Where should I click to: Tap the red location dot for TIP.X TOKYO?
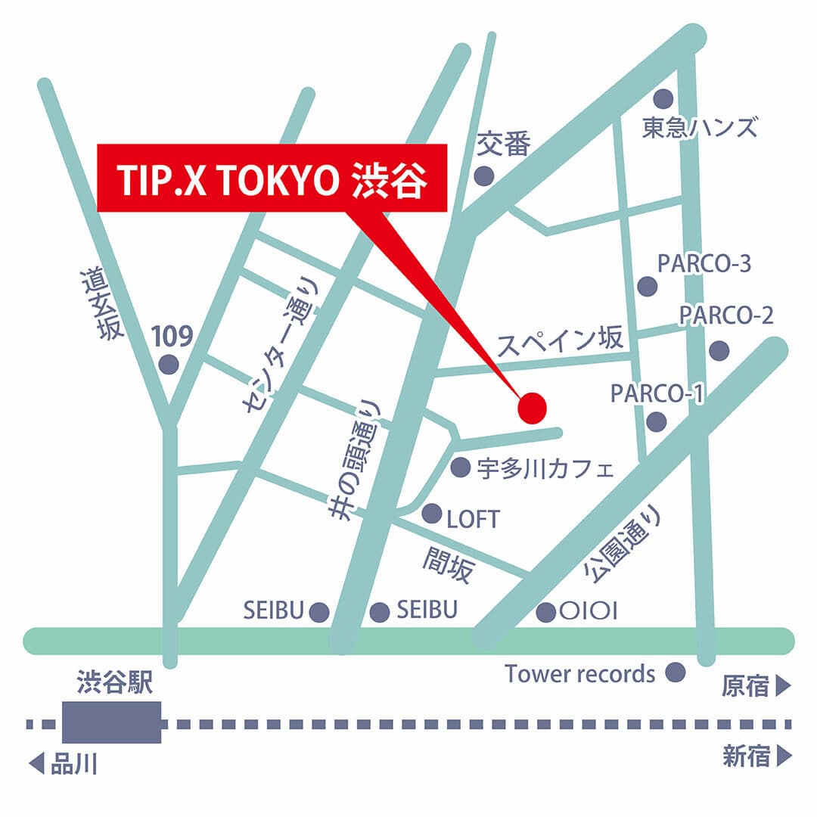point(532,408)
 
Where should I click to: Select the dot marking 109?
point(168,365)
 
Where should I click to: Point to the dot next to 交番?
point(483,176)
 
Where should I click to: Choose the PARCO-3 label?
point(704,264)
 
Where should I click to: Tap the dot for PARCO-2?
point(719,350)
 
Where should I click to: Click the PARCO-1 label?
point(657,393)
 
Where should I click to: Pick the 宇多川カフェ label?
point(545,469)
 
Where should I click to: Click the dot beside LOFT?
point(432,514)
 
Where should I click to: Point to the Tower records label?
point(580,673)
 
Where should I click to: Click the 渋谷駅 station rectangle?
point(112,722)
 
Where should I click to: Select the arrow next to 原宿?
point(783,687)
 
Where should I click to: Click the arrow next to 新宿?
point(783,756)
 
